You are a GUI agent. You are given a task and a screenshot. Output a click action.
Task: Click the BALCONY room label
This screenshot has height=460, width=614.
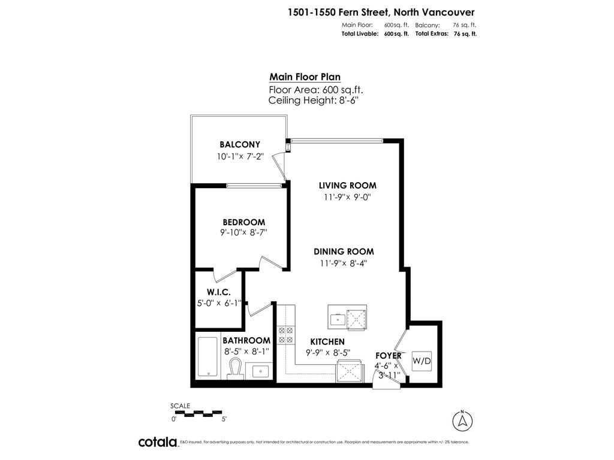[x=239, y=144]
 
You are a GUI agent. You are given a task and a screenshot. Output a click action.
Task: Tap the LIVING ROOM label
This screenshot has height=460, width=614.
[x=347, y=186]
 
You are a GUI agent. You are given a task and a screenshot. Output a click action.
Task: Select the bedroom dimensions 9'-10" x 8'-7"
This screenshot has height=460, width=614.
[x=243, y=233]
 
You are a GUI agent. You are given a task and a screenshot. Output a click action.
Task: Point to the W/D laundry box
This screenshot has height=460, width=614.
[x=422, y=361]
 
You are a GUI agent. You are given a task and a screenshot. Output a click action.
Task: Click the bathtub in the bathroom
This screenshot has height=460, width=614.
[x=207, y=357]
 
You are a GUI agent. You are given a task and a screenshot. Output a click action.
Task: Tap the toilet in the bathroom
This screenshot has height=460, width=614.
[x=235, y=368]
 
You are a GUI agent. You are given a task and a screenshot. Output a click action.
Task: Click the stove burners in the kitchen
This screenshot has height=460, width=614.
[x=285, y=335]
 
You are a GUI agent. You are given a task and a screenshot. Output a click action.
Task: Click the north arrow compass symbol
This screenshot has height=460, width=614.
[x=462, y=419]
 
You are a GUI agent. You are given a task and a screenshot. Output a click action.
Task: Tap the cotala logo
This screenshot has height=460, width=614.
[x=158, y=442]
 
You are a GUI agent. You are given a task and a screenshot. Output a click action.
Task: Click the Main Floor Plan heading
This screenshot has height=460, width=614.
[x=305, y=77]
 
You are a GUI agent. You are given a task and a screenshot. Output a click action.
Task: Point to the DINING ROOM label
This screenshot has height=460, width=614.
[x=346, y=252]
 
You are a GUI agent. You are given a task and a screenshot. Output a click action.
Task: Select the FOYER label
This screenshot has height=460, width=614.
[x=388, y=356]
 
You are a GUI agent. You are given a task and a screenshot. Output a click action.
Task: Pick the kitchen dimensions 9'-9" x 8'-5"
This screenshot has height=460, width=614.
[x=327, y=352]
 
